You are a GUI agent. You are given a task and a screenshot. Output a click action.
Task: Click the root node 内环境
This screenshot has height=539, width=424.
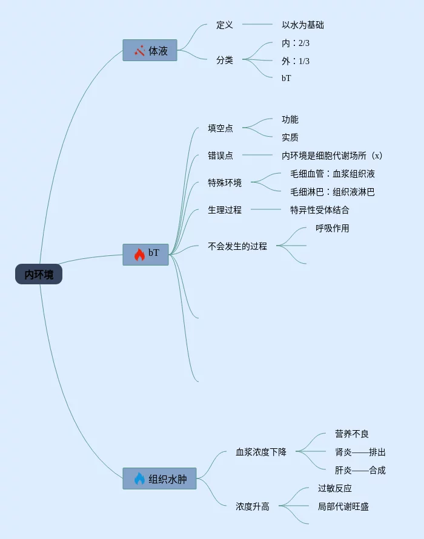pyautogui.click(x=39, y=275)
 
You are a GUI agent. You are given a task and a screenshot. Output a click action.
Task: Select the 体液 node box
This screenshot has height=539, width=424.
pyautogui.click(x=150, y=51)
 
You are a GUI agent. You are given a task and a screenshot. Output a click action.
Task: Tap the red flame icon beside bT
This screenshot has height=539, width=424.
pyautogui.click(x=139, y=254)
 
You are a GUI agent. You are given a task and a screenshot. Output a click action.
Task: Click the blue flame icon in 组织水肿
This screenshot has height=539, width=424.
pyautogui.click(x=139, y=479)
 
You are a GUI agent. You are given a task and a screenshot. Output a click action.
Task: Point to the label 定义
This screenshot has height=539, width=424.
pyautogui.click(x=225, y=25)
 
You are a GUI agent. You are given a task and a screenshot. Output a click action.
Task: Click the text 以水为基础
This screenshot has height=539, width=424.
pyautogui.click(x=303, y=25)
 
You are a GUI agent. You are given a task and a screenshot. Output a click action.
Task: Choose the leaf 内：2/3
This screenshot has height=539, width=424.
pyautogui.click(x=296, y=43)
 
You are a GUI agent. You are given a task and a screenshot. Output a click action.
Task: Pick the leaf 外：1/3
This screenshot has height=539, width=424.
pyautogui.click(x=296, y=61)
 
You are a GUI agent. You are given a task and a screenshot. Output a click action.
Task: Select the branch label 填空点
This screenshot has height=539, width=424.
pyautogui.click(x=220, y=128)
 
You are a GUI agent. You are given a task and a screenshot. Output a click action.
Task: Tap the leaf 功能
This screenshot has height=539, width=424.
pyautogui.click(x=290, y=119)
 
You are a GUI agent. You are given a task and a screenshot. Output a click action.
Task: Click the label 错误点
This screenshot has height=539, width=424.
pyautogui.click(x=220, y=155)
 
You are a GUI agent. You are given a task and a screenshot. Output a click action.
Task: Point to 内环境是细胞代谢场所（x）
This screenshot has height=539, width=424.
pyautogui.click(x=332, y=155)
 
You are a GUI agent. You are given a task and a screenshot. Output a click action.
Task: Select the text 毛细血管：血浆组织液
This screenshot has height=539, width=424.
pyautogui.click(x=333, y=174)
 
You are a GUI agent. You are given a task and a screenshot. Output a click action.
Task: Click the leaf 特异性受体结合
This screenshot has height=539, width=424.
pyautogui.click(x=320, y=210)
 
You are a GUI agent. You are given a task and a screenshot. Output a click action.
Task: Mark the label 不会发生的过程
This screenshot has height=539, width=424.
pyautogui.click(x=237, y=246)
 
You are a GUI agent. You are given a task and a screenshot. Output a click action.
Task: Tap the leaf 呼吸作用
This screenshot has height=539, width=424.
pyautogui.click(x=333, y=228)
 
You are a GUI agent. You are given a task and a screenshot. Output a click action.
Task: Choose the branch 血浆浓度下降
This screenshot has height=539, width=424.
pyautogui.click(x=261, y=452)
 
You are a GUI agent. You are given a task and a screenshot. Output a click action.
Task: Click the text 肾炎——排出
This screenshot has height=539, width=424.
pyautogui.click(x=360, y=452)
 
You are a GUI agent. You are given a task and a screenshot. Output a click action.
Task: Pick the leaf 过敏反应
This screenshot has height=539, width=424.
pyautogui.click(x=335, y=488)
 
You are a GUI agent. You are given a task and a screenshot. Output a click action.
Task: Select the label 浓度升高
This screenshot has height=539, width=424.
pyautogui.click(x=253, y=506)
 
